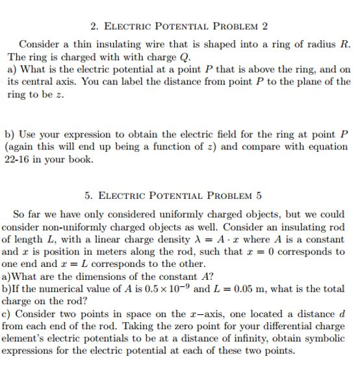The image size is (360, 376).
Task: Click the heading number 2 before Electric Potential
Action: coord(94,27)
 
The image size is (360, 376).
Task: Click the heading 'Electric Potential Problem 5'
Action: coord(174,195)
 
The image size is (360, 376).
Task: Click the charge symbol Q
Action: coord(172,56)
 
